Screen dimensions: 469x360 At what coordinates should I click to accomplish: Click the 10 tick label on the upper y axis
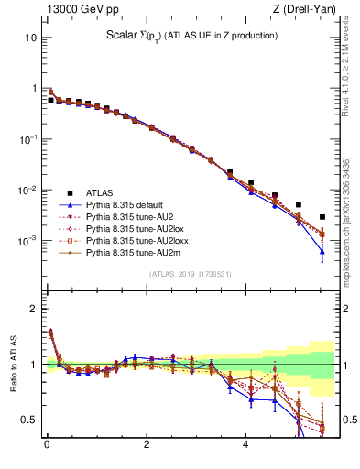pyautogui.click(x=31, y=38)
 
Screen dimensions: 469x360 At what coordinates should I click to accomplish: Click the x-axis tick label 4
pyautogui.click(x=245, y=446)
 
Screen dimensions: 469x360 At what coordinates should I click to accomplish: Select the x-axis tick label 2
pyautogui.click(x=146, y=446)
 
